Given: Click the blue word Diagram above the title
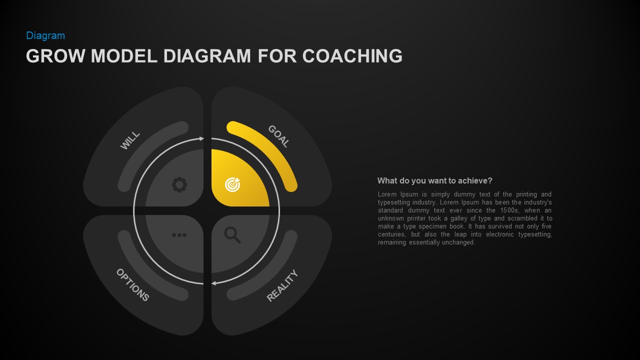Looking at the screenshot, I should coord(45,35).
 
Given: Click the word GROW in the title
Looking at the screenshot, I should coord(55,56).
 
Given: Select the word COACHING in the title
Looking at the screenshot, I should coord(352,56).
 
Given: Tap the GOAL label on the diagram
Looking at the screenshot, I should coord(278,136).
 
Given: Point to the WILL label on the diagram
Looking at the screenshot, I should coord(130,140).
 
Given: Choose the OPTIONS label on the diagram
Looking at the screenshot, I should coord(132,285).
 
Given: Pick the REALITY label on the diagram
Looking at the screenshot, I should coord(282,286).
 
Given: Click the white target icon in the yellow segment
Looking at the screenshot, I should coord(232,184).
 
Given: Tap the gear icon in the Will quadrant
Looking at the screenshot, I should coord(179,185).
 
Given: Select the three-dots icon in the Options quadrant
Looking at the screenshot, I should coord(179,235).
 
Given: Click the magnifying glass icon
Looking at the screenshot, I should coord(232,234).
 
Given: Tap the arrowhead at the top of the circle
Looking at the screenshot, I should coord(201,138).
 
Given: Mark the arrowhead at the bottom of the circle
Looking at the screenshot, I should coord(214,283).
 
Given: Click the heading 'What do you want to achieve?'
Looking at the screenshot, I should coord(434,180).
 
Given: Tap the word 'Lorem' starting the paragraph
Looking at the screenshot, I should coord(387,194).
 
